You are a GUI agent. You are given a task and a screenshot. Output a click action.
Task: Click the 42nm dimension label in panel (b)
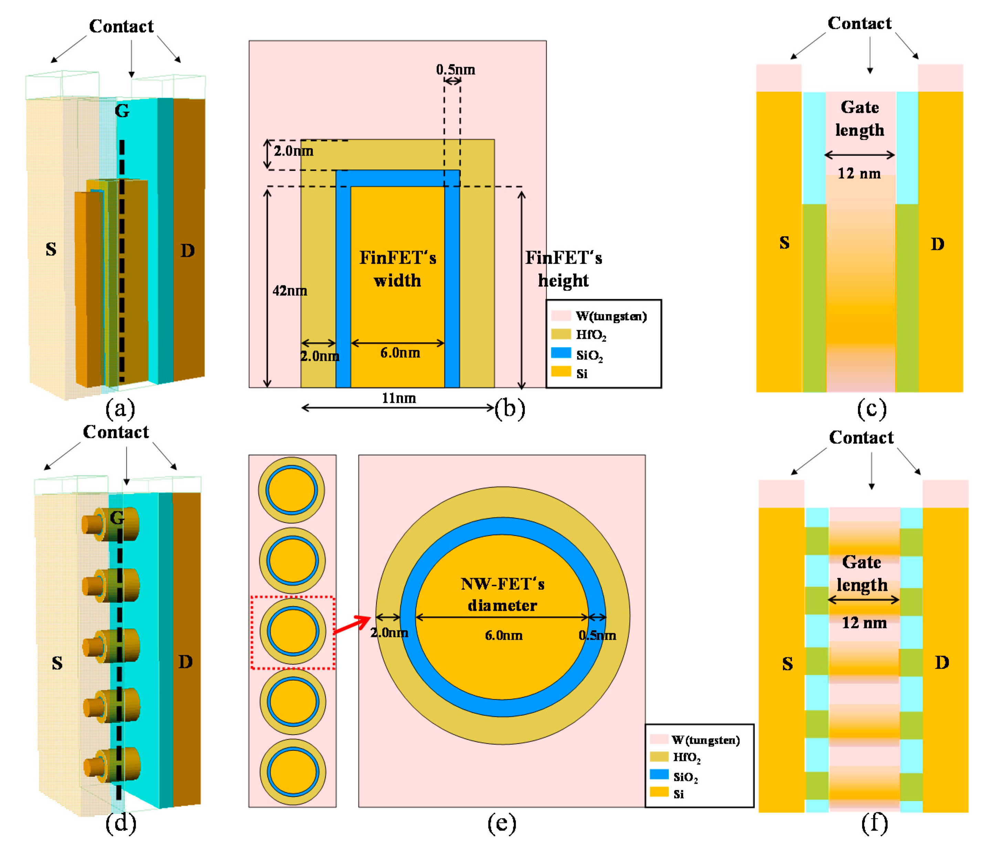[x=289, y=291]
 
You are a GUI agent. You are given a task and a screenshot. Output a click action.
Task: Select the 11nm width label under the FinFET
[x=399, y=398]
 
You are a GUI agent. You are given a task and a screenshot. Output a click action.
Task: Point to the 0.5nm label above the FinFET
[x=455, y=70]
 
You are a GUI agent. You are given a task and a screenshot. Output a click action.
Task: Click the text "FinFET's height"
[x=563, y=269]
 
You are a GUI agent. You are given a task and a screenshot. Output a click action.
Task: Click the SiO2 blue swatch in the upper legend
[x=561, y=353]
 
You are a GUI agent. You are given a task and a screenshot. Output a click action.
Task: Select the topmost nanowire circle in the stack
[x=292, y=490]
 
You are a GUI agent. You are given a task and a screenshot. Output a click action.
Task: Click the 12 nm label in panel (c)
[x=859, y=173]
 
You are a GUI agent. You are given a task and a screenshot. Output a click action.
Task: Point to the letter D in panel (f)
[x=942, y=662]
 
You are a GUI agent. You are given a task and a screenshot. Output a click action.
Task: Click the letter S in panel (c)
[x=784, y=243]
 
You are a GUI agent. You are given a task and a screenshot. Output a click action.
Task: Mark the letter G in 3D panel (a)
[x=122, y=111]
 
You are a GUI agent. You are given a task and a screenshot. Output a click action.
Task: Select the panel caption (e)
[x=502, y=823]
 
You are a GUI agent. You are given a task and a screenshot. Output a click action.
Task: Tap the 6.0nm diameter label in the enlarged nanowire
[x=504, y=635]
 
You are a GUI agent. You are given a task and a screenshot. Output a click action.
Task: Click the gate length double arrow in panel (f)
[x=863, y=599]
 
